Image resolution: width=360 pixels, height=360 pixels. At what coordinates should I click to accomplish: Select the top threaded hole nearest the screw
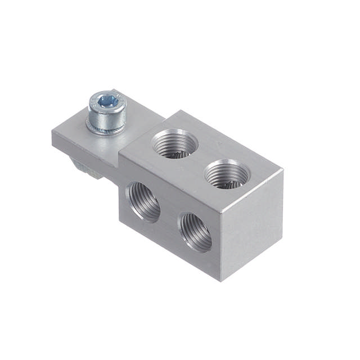tap(175, 142)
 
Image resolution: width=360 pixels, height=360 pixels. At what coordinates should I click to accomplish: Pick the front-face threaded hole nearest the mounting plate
tap(144, 202)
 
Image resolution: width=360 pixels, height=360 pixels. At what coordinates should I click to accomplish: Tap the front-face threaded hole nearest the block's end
tap(195, 231)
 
